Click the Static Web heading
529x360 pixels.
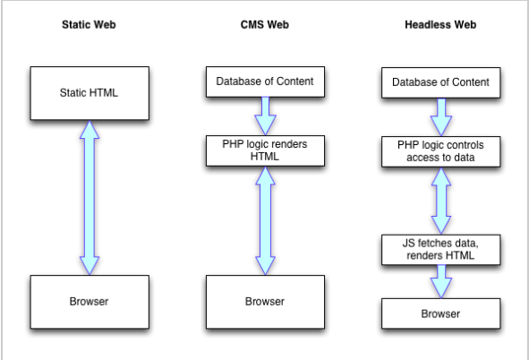coord(89,25)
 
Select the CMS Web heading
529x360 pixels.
coord(265,25)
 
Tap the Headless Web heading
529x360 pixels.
coord(440,25)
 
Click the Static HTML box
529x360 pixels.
coord(90,93)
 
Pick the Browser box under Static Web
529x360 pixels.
coord(90,302)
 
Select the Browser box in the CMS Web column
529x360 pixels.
coord(265,302)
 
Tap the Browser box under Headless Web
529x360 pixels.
coord(441,313)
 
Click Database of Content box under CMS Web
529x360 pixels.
coord(265,81)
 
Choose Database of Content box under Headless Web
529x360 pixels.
coord(441,82)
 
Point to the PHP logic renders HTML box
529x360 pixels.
coord(265,150)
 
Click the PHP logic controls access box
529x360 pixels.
coord(441,151)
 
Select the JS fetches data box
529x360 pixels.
coord(441,250)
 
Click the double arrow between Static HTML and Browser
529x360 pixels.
coord(90,198)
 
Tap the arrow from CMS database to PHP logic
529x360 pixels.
coord(266,116)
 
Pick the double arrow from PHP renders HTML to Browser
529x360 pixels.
coord(266,220)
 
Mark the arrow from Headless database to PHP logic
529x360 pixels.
coord(441,117)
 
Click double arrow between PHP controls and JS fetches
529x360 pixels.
coord(441,201)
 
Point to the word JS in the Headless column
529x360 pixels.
coord(408,244)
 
